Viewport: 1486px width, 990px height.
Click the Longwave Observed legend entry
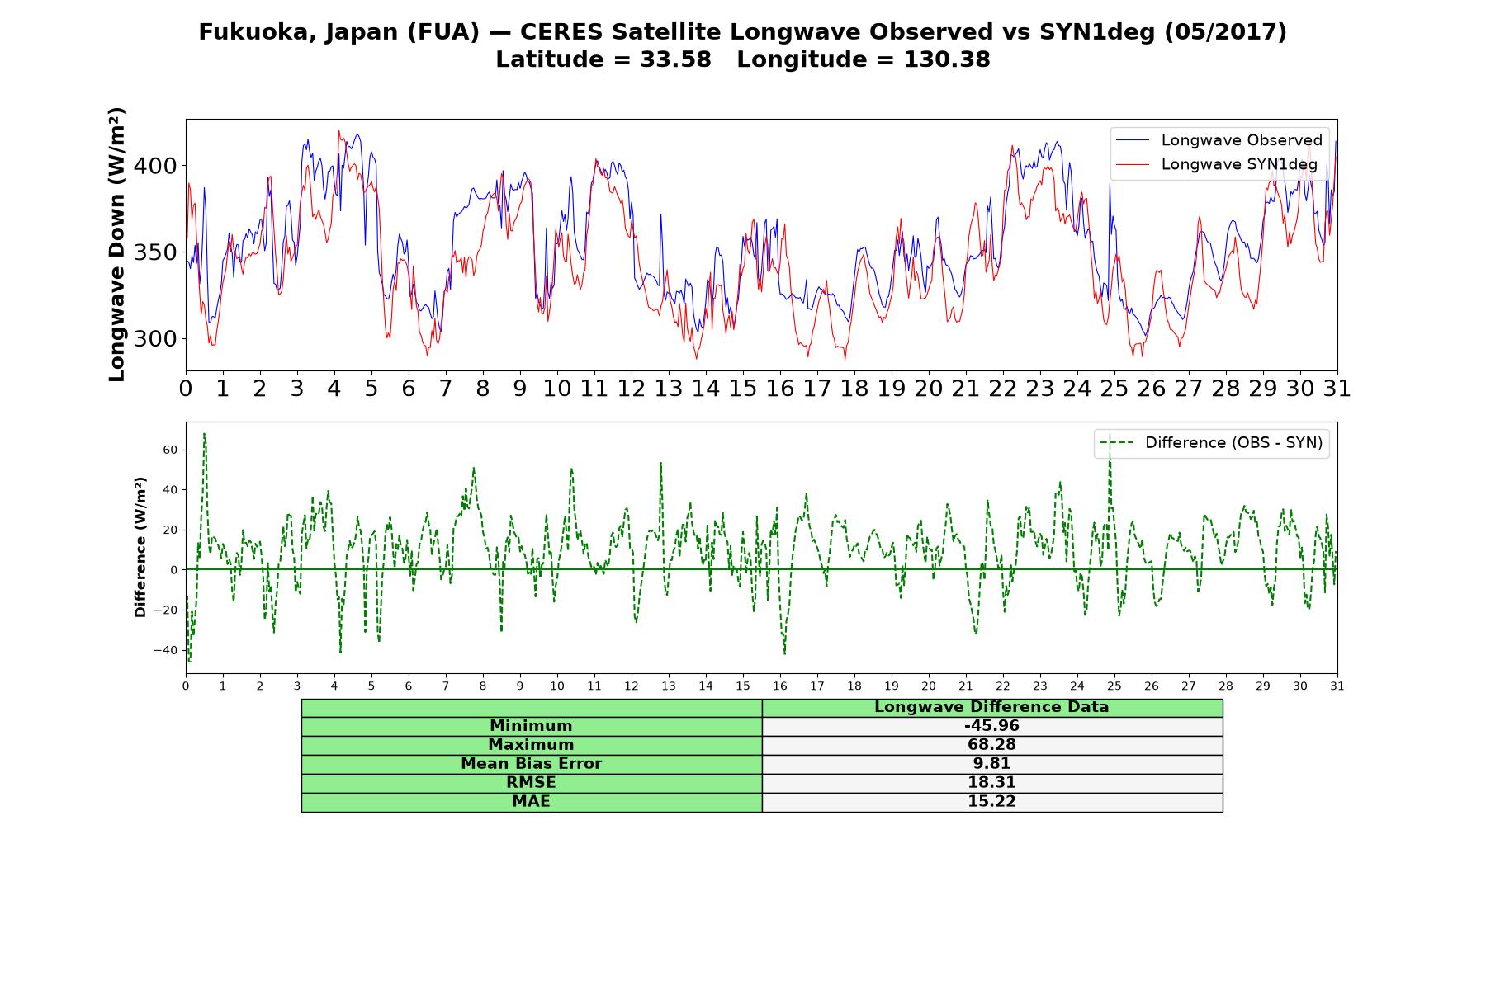[x=1219, y=140]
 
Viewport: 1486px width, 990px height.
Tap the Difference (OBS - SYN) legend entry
[x=1211, y=443]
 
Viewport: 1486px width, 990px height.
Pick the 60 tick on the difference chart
[x=170, y=450]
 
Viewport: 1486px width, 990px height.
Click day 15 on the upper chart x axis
[x=742, y=389]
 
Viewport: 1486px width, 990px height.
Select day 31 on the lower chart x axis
[x=1337, y=686]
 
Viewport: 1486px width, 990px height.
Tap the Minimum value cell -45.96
[x=991, y=726]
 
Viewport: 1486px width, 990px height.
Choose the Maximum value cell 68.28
[x=991, y=745]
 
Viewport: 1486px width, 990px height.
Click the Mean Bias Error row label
[x=531, y=764]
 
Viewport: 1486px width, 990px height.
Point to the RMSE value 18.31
[x=991, y=783]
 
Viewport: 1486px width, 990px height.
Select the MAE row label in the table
[x=531, y=802]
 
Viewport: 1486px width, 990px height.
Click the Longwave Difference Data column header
[x=991, y=707]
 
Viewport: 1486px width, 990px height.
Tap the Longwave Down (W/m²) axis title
[x=117, y=244]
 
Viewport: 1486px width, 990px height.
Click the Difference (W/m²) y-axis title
[x=140, y=547]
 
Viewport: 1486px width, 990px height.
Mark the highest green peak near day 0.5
[x=204, y=434]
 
